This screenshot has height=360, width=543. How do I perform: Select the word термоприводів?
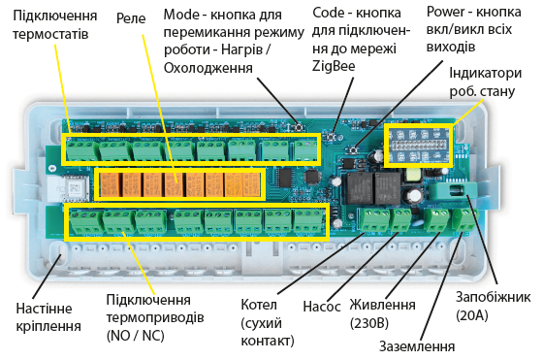click(x=147, y=319)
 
